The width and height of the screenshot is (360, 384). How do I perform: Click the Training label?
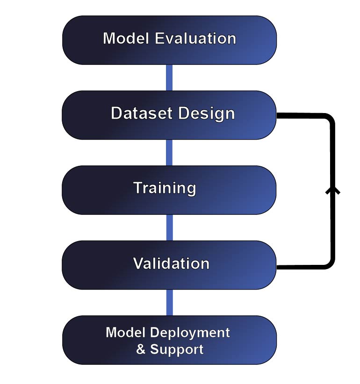[165, 188]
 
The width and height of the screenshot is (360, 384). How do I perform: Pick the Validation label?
[171, 263]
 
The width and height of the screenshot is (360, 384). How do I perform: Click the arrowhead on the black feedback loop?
[332, 190]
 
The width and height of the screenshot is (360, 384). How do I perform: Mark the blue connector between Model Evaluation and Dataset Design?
[169, 78]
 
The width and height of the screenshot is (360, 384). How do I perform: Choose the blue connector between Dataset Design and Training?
[169, 152]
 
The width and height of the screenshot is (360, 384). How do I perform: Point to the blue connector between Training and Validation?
[169, 228]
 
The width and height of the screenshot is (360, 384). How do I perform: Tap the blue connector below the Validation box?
[169, 302]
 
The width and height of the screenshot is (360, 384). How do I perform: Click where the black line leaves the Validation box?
[278, 267]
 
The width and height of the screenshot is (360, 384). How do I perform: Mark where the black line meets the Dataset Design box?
[278, 115]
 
